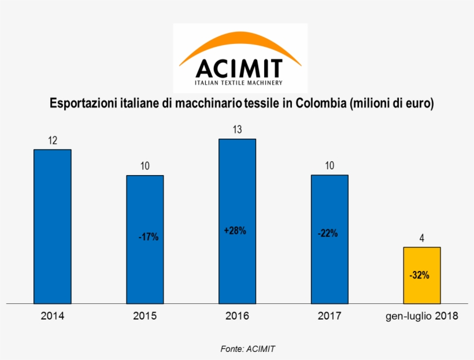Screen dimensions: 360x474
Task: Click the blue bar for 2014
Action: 52,226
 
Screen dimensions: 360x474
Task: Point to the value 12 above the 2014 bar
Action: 52,140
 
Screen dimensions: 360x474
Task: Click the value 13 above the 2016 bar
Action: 237,129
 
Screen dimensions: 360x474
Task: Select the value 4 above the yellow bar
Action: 422,238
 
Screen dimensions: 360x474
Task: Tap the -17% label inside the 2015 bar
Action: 148,237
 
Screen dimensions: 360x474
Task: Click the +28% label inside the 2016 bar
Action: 235,231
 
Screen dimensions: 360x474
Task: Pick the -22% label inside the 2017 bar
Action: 328,233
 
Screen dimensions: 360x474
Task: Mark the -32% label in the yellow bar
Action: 419,276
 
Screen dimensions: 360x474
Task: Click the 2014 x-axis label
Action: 52,316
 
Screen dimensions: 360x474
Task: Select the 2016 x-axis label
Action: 237,316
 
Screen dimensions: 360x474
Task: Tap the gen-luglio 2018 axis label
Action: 422,316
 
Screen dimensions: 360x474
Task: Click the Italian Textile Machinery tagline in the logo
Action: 239,83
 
